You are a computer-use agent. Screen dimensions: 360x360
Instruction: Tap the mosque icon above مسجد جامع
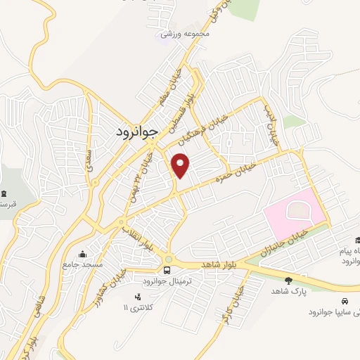click(x=83, y=255)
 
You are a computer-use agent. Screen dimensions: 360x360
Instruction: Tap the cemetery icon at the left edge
click(x=4, y=194)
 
